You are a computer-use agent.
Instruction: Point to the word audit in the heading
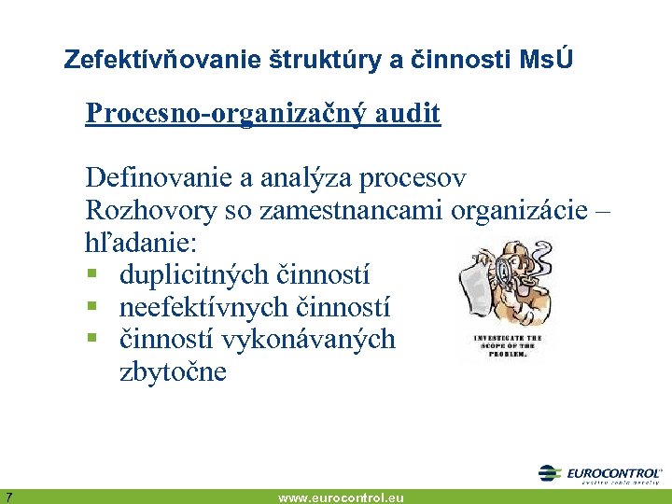(406, 114)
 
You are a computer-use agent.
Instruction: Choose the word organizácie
(519, 210)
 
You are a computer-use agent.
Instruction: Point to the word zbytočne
(173, 372)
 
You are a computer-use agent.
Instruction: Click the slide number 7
(7, 496)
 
